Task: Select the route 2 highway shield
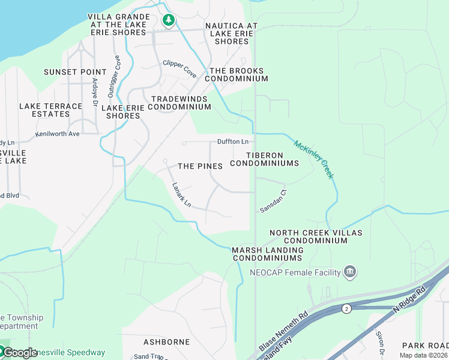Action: pyautogui.click(x=346, y=308)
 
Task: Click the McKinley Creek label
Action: pyautogui.click(x=313, y=160)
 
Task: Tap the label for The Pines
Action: pyautogui.click(x=200, y=166)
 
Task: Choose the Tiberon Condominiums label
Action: pyautogui.click(x=264, y=159)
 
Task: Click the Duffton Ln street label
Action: pyautogui.click(x=233, y=142)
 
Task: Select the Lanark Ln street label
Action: pyautogui.click(x=181, y=195)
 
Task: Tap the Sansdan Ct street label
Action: pyautogui.click(x=274, y=201)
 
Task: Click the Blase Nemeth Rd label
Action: pyautogui.click(x=283, y=332)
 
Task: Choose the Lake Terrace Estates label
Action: pyautogui.click(x=50, y=110)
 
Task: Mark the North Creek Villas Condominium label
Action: pyautogui.click(x=308, y=236)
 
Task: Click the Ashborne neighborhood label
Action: pyautogui.click(x=166, y=342)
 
